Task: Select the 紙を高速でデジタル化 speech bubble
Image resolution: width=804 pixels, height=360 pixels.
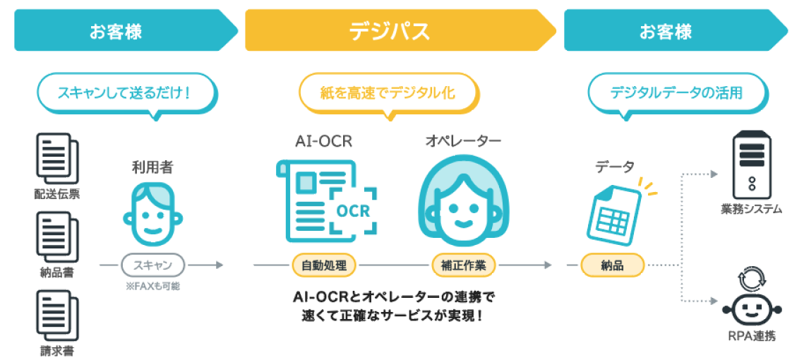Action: pyautogui.click(x=388, y=92)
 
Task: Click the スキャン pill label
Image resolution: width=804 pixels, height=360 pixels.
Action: pyautogui.click(x=152, y=265)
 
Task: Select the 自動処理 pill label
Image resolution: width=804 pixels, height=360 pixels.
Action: pyautogui.click(x=323, y=265)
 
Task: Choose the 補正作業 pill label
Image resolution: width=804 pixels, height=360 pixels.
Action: pyautogui.click(x=463, y=265)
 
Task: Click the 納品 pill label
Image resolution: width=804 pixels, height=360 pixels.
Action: pyautogui.click(x=612, y=265)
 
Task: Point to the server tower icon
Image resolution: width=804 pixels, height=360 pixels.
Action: pyautogui.click(x=750, y=166)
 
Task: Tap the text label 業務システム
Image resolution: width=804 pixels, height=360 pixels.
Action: pyautogui.click(x=750, y=209)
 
